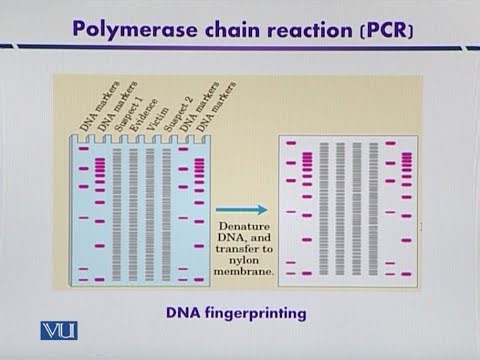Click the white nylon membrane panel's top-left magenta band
pyautogui.click(x=291, y=144)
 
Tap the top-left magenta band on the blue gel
pyautogui.click(x=84, y=150)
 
